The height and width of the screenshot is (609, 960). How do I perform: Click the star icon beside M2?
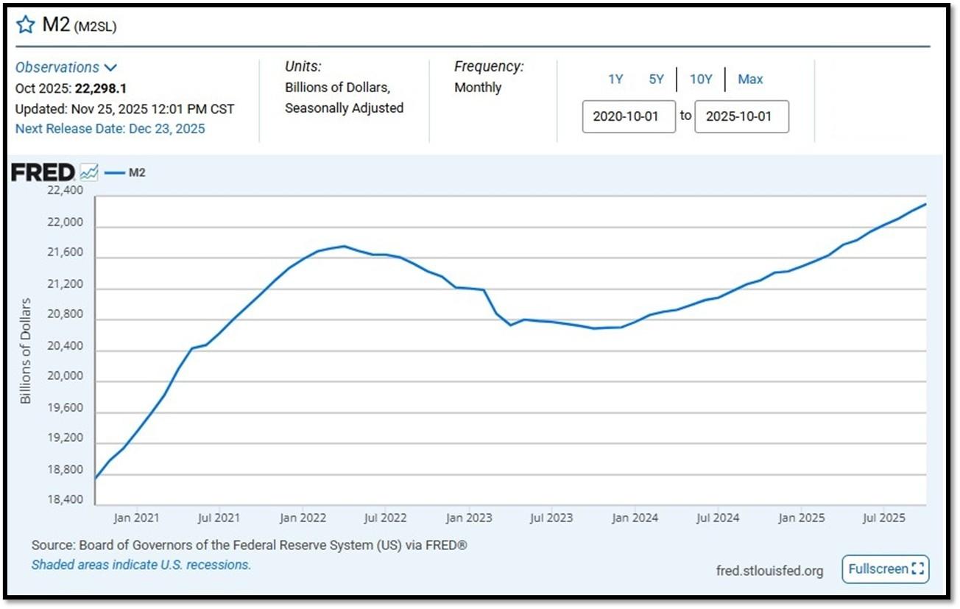pyautogui.click(x=25, y=24)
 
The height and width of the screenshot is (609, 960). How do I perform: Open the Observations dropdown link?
pyautogui.click(x=66, y=67)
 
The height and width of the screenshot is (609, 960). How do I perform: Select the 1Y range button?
pyautogui.click(x=615, y=80)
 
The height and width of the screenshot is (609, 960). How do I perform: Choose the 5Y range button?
pyautogui.click(x=656, y=80)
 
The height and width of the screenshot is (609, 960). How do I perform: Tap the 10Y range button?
pyautogui.click(x=701, y=80)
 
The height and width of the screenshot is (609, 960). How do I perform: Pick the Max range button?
pyautogui.click(x=750, y=80)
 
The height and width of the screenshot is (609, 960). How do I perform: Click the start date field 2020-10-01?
pyautogui.click(x=629, y=116)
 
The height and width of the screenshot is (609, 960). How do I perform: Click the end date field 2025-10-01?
pyautogui.click(x=741, y=116)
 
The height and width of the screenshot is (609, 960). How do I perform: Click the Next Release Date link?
pyautogui.click(x=110, y=129)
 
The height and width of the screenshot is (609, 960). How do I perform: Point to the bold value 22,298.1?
pyautogui.click(x=101, y=88)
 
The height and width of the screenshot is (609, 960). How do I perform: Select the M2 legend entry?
pyautogui.click(x=125, y=173)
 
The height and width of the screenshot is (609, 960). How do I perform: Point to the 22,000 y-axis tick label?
pyautogui.click(x=65, y=222)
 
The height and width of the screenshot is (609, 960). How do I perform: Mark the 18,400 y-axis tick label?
pyautogui.click(x=65, y=499)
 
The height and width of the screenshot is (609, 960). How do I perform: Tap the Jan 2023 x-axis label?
pyautogui.click(x=469, y=518)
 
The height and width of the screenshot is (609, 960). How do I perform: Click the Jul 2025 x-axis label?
pyautogui.click(x=883, y=518)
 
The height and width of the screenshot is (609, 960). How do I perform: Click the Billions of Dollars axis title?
pyautogui.click(x=25, y=351)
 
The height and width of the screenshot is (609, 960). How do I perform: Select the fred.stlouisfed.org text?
pyautogui.click(x=770, y=571)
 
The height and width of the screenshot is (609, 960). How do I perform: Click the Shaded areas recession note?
pyautogui.click(x=141, y=565)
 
